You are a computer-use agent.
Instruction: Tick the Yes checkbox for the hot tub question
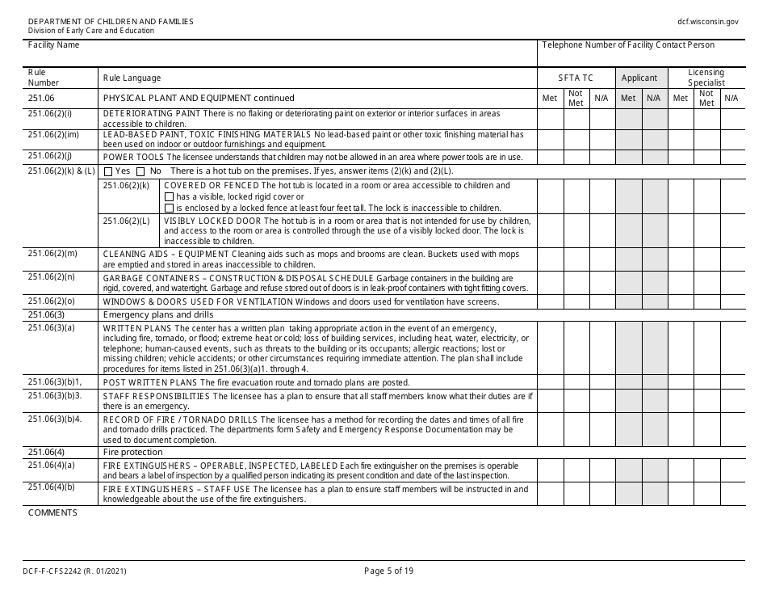click(x=108, y=171)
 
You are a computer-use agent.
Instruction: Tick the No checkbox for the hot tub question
click(x=140, y=171)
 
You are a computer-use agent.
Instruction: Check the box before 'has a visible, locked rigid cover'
click(x=169, y=196)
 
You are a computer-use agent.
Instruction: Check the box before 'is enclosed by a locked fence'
click(x=169, y=208)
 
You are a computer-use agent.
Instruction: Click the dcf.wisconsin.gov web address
click(x=708, y=22)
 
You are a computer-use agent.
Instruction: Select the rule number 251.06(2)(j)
click(x=49, y=155)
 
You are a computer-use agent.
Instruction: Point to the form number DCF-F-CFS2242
click(x=77, y=571)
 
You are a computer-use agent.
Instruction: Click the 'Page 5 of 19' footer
click(x=388, y=571)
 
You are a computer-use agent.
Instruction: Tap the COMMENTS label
click(x=52, y=512)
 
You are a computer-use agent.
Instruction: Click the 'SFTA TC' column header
click(x=576, y=78)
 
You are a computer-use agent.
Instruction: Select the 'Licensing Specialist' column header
click(x=706, y=78)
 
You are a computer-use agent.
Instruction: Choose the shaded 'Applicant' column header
click(x=639, y=78)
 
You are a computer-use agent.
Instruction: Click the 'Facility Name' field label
click(x=53, y=45)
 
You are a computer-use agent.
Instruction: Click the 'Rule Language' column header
click(x=132, y=78)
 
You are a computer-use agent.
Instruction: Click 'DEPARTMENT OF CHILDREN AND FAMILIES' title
click(x=111, y=21)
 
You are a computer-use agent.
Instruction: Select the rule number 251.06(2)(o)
click(x=52, y=301)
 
